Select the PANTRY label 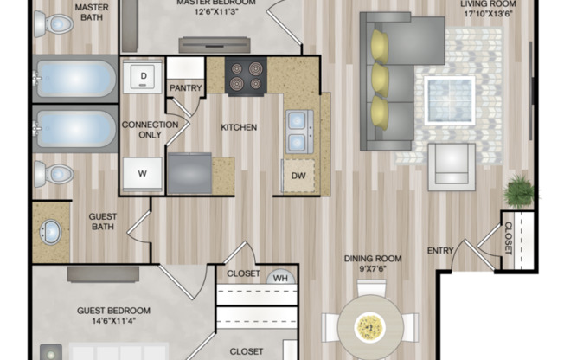click(185, 87)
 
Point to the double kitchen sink click(298, 131)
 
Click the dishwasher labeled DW click(298, 176)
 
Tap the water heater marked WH click(280, 277)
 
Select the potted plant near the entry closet click(520, 191)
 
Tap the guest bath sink click(51, 232)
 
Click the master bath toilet click(53, 23)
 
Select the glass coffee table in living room click(449, 100)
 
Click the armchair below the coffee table click(451, 165)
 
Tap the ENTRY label click(440, 251)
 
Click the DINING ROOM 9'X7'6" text click(373, 263)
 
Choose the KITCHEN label click(239, 127)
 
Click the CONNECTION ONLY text click(150, 130)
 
